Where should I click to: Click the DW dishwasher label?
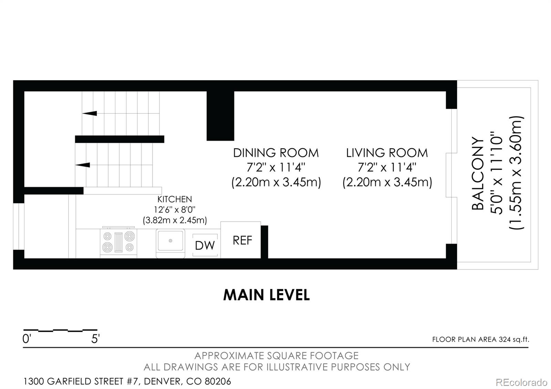pos(205,245)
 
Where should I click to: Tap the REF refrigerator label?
pos(242,241)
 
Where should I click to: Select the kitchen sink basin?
pos(170,240)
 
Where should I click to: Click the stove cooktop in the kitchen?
pos(118,242)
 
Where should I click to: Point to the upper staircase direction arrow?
pos(90,113)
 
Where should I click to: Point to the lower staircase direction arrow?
pos(83,165)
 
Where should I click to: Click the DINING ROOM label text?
pos(276,153)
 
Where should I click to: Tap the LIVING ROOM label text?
pos(387,153)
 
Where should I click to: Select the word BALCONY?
pos(477,174)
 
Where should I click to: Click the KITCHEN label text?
pos(175,199)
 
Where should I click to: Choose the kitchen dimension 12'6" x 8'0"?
pos(175,210)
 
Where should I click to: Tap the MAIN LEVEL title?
pos(267,295)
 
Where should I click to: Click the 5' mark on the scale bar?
pos(95,339)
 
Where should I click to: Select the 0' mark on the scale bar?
pos(27,339)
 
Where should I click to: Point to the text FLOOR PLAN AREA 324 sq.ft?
pos(481,339)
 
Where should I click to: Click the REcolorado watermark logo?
pos(521,382)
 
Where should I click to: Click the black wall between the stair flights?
pos(119,139)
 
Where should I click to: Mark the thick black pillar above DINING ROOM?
pos(220,116)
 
